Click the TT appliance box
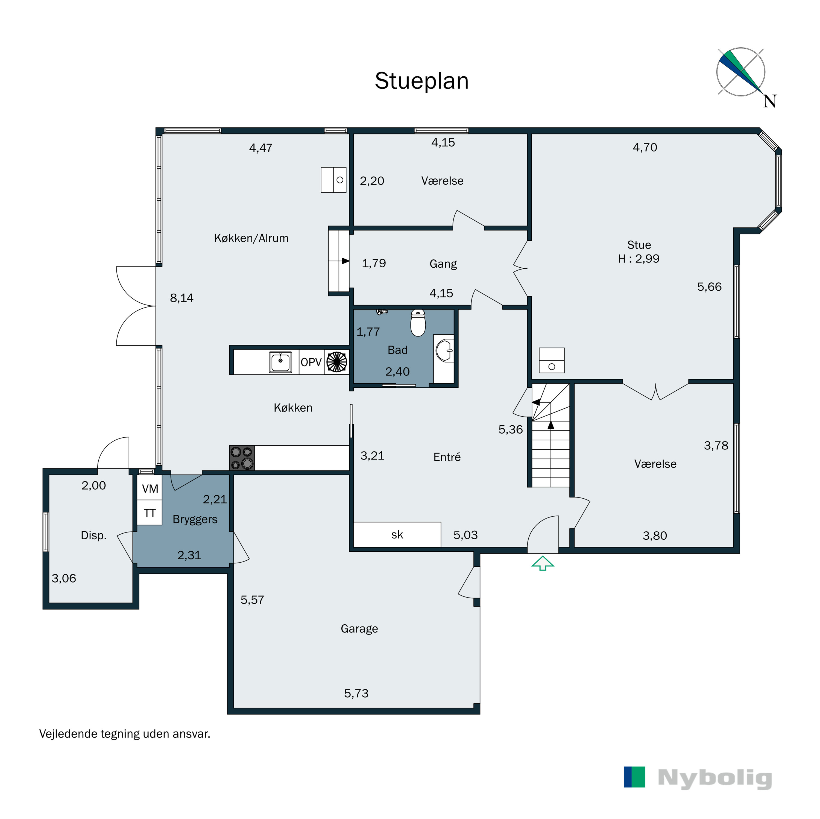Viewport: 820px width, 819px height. (150, 513)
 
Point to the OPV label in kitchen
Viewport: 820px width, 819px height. (311, 362)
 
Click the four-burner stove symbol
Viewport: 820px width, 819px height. (242, 458)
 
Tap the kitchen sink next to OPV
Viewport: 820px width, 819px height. (280, 362)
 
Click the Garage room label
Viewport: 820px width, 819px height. (359, 628)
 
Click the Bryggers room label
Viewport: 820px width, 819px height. (195, 519)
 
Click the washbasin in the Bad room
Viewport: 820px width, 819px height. (444, 351)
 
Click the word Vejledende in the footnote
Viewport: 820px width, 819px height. (68, 734)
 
